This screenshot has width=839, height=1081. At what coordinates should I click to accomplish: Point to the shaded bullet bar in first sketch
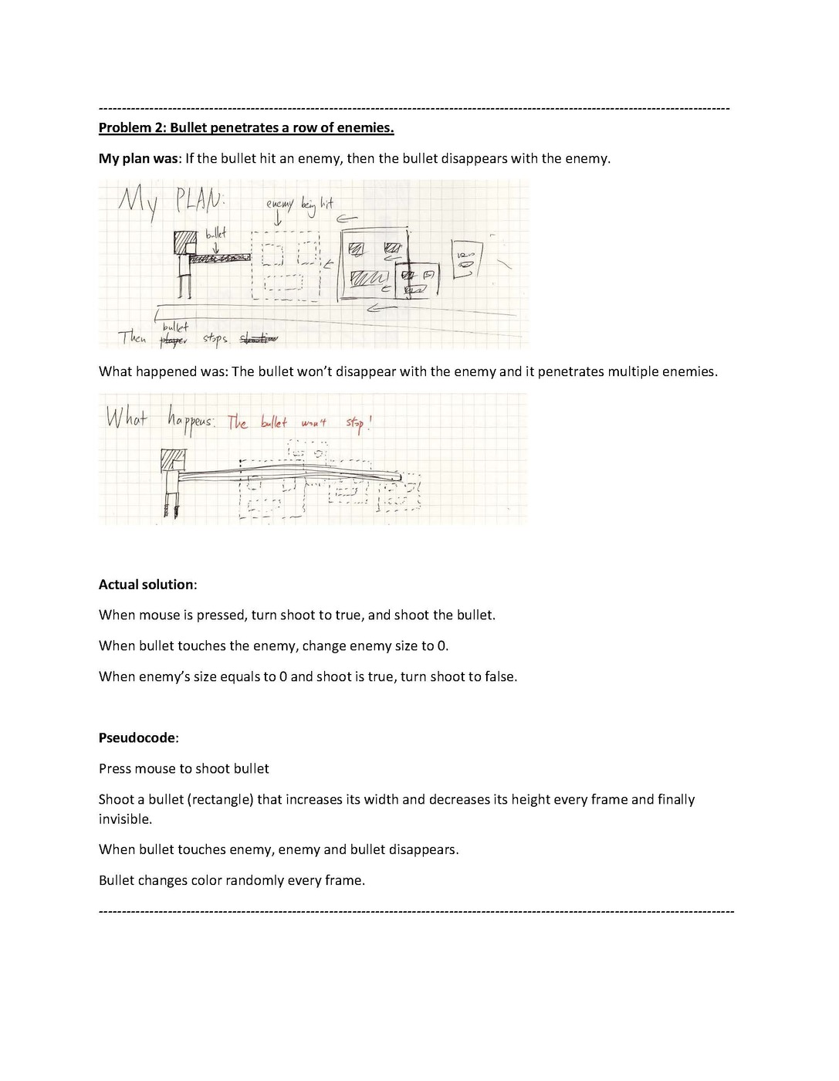coord(219,258)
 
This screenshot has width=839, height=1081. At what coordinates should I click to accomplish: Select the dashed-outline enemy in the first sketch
coord(286,266)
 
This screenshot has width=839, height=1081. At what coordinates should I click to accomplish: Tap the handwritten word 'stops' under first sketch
coord(215,339)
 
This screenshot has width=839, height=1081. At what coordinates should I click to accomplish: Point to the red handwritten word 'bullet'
coord(273,422)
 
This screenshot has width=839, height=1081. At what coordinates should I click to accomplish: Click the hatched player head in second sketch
coord(172,460)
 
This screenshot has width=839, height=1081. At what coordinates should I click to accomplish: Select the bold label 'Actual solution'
coord(147,585)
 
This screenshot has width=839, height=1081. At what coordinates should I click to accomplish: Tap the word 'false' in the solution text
coord(499,677)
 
